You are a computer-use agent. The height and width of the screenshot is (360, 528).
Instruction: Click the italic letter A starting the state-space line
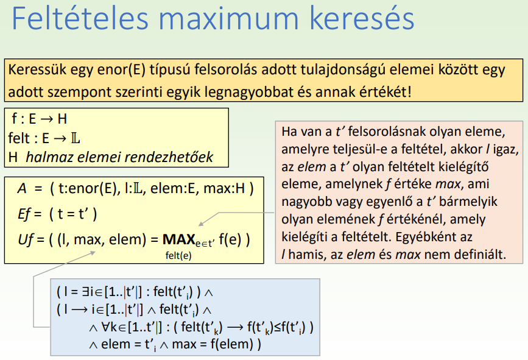pyautogui.click(x=21, y=189)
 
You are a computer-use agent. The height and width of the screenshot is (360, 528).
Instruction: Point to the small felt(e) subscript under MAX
pyautogui.click(x=178, y=256)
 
